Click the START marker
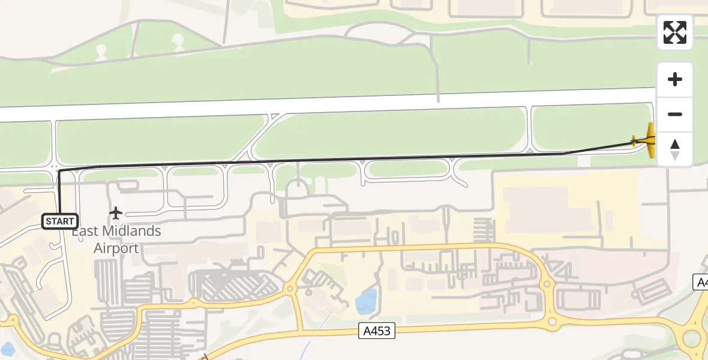point(60,221)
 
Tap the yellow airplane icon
point(646,140)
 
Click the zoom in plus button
point(675,79)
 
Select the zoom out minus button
point(675,114)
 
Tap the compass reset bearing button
point(675,149)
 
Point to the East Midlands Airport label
point(116,239)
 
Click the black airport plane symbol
point(116,213)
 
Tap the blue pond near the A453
point(366,302)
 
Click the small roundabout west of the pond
point(290,289)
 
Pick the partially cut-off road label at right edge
point(701,282)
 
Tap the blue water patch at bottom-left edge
point(7,349)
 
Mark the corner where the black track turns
point(59,172)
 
